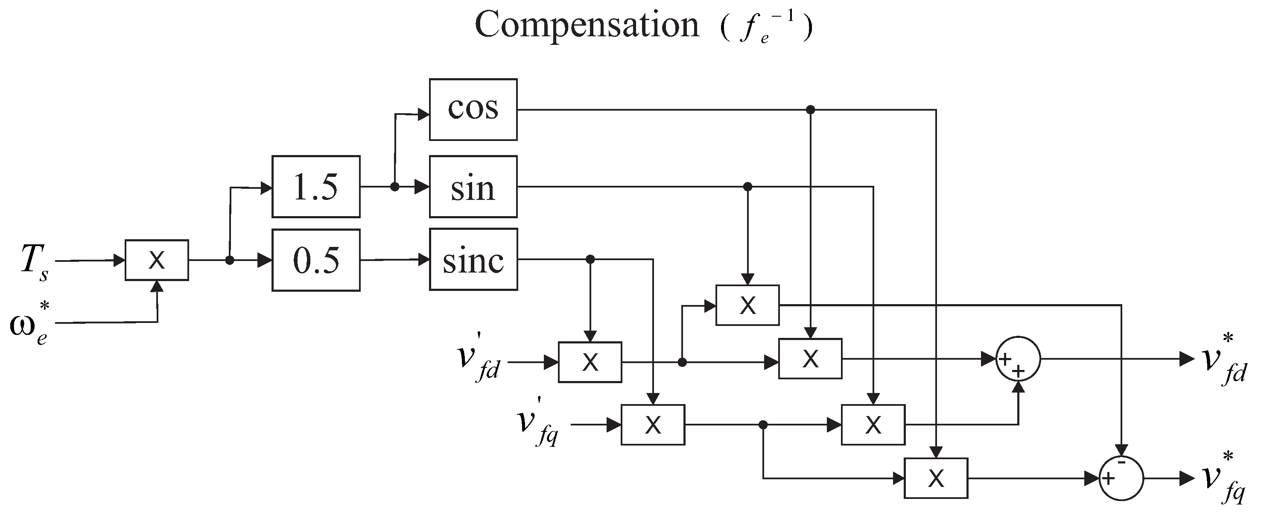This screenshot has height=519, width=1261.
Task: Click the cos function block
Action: (x=473, y=110)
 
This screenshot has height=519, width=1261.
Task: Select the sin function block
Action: (x=473, y=187)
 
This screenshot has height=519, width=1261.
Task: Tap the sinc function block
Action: (x=473, y=260)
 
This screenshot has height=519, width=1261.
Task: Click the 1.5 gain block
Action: (x=316, y=187)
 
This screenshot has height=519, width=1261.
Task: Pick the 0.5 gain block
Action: (x=316, y=260)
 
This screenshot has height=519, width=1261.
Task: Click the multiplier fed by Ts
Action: (x=157, y=260)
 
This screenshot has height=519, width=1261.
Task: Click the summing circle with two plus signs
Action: (x=1018, y=359)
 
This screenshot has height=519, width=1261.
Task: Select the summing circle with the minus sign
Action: (x=1121, y=478)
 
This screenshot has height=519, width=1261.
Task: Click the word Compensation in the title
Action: (x=587, y=24)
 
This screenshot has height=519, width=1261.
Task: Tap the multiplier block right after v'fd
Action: (x=590, y=362)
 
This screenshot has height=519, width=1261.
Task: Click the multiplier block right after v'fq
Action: (x=653, y=425)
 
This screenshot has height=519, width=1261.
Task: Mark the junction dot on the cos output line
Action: (x=810, y=110)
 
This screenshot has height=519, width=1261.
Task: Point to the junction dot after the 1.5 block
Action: (x=394, y=187)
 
